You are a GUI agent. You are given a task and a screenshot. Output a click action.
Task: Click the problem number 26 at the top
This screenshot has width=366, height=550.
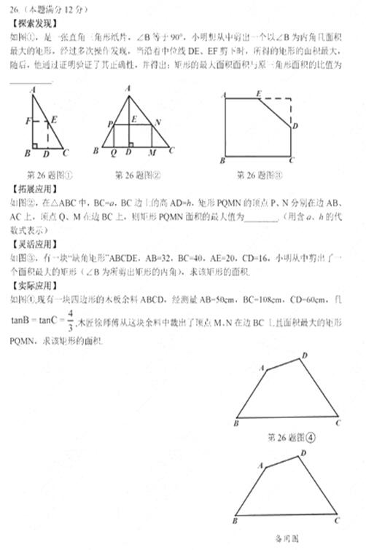click(15, 7)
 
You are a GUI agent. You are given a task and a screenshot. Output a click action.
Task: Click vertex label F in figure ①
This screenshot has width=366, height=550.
click(27, 120)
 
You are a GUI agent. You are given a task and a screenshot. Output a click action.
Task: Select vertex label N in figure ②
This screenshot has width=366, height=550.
click(158, 122)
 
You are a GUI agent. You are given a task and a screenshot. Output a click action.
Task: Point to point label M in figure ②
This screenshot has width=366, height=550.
click(151, 153)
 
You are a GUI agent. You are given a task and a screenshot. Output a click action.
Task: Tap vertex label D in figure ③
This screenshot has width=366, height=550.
click(294, 126)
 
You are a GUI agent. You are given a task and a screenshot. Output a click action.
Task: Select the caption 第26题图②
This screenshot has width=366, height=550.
click(137, 176)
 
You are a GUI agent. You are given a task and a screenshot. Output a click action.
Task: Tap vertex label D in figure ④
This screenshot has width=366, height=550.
click(305, 355)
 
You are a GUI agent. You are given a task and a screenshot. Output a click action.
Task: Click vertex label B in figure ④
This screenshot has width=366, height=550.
click(237, 423)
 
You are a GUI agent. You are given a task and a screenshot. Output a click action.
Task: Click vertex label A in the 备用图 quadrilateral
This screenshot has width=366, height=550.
click(260, 464)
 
